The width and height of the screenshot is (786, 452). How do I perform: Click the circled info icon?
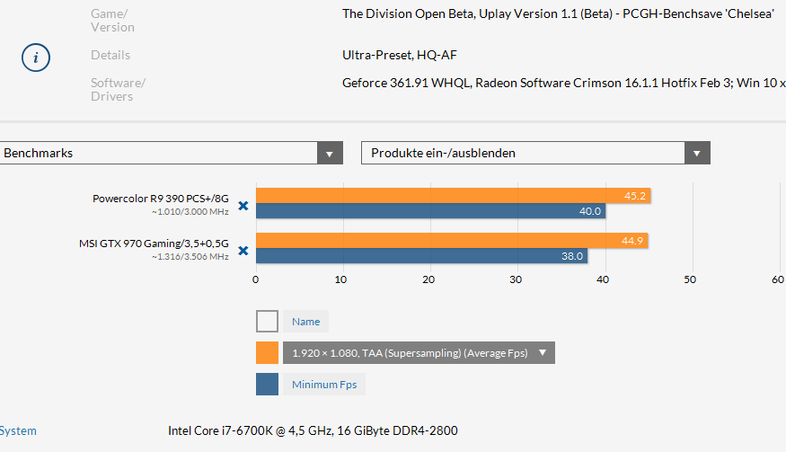pyautogui.click(x=36, y=58)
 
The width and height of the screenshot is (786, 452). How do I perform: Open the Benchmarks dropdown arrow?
pyautogui.click(x=331, y=153)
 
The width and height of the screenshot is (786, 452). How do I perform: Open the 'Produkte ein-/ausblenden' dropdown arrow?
pyautogui.click(x=697, y=153)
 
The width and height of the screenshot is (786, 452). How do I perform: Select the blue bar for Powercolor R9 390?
pyautogui.click(x=430, y=211)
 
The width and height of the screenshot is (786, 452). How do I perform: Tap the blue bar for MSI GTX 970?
pyautogui.click(x=421, y=255)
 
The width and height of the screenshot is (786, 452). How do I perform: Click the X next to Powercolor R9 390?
pyautogui.click(x=243, y=205)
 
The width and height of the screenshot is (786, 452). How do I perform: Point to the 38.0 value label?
pyautogui.click(x=572, y=255)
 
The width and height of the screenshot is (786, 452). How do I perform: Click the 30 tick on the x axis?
pyautogui.click(x=516, y=279)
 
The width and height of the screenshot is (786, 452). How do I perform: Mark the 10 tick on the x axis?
pyautogui.click(x=341, y=279)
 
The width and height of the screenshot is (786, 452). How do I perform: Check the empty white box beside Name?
pyautogui.click(x=267, y=322)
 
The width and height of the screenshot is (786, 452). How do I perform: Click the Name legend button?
pyautogui.click(x=305, y=322)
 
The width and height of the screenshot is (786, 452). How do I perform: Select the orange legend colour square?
pyautogui.click(x=267, y=353)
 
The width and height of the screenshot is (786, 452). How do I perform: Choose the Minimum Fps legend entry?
pyautogui.click(x=323, y=385)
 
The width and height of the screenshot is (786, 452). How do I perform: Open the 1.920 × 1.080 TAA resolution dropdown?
pyautogui.click(x=419, y=353)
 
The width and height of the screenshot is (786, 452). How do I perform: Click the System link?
pyautogui.click(x=18, y=431)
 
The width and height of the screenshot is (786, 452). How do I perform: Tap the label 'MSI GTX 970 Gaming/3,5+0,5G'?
pyautogui.click(x=154, y=243)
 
